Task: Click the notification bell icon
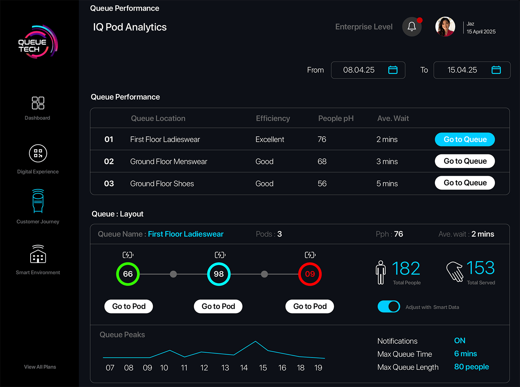(412, 27)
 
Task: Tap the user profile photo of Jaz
(445, 27)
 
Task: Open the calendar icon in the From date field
(393, 70)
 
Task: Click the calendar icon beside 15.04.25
(496, 70)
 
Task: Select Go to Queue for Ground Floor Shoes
(465, 183)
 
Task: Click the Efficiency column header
(273, 118)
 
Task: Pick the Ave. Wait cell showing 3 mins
(387, 161)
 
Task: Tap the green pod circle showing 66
(128, 274)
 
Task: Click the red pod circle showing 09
(310, 274)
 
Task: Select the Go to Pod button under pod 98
(218, 306)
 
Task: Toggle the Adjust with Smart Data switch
(389, 307)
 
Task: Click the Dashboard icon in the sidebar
(38, 103)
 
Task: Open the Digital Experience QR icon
(38, 153)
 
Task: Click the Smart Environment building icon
(38, 254)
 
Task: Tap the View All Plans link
(40, 367)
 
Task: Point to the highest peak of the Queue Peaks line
(256, 342)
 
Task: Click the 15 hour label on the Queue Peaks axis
(263, 368)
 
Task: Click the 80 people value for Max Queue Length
(471, 367)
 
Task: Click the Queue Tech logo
(37, 42)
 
